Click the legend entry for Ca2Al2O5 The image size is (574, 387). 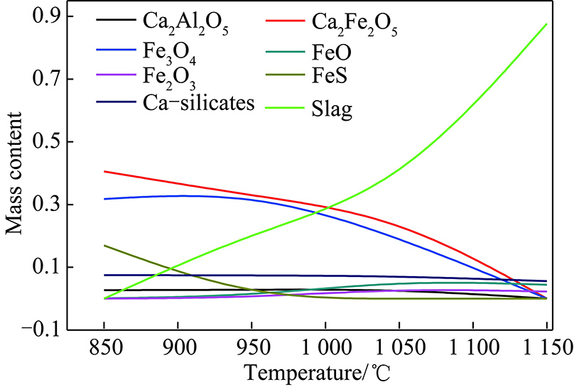(x=184, y=23)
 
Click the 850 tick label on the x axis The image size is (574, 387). (x=104, y=348)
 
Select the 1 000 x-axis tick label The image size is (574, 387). (x=324, y=348)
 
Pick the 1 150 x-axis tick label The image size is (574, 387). (x=544, y=348)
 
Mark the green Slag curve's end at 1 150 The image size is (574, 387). (x=546, y=24)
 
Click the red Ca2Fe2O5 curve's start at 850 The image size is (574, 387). (x=104, y=171)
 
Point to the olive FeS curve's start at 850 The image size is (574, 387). (x=104, y=246)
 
